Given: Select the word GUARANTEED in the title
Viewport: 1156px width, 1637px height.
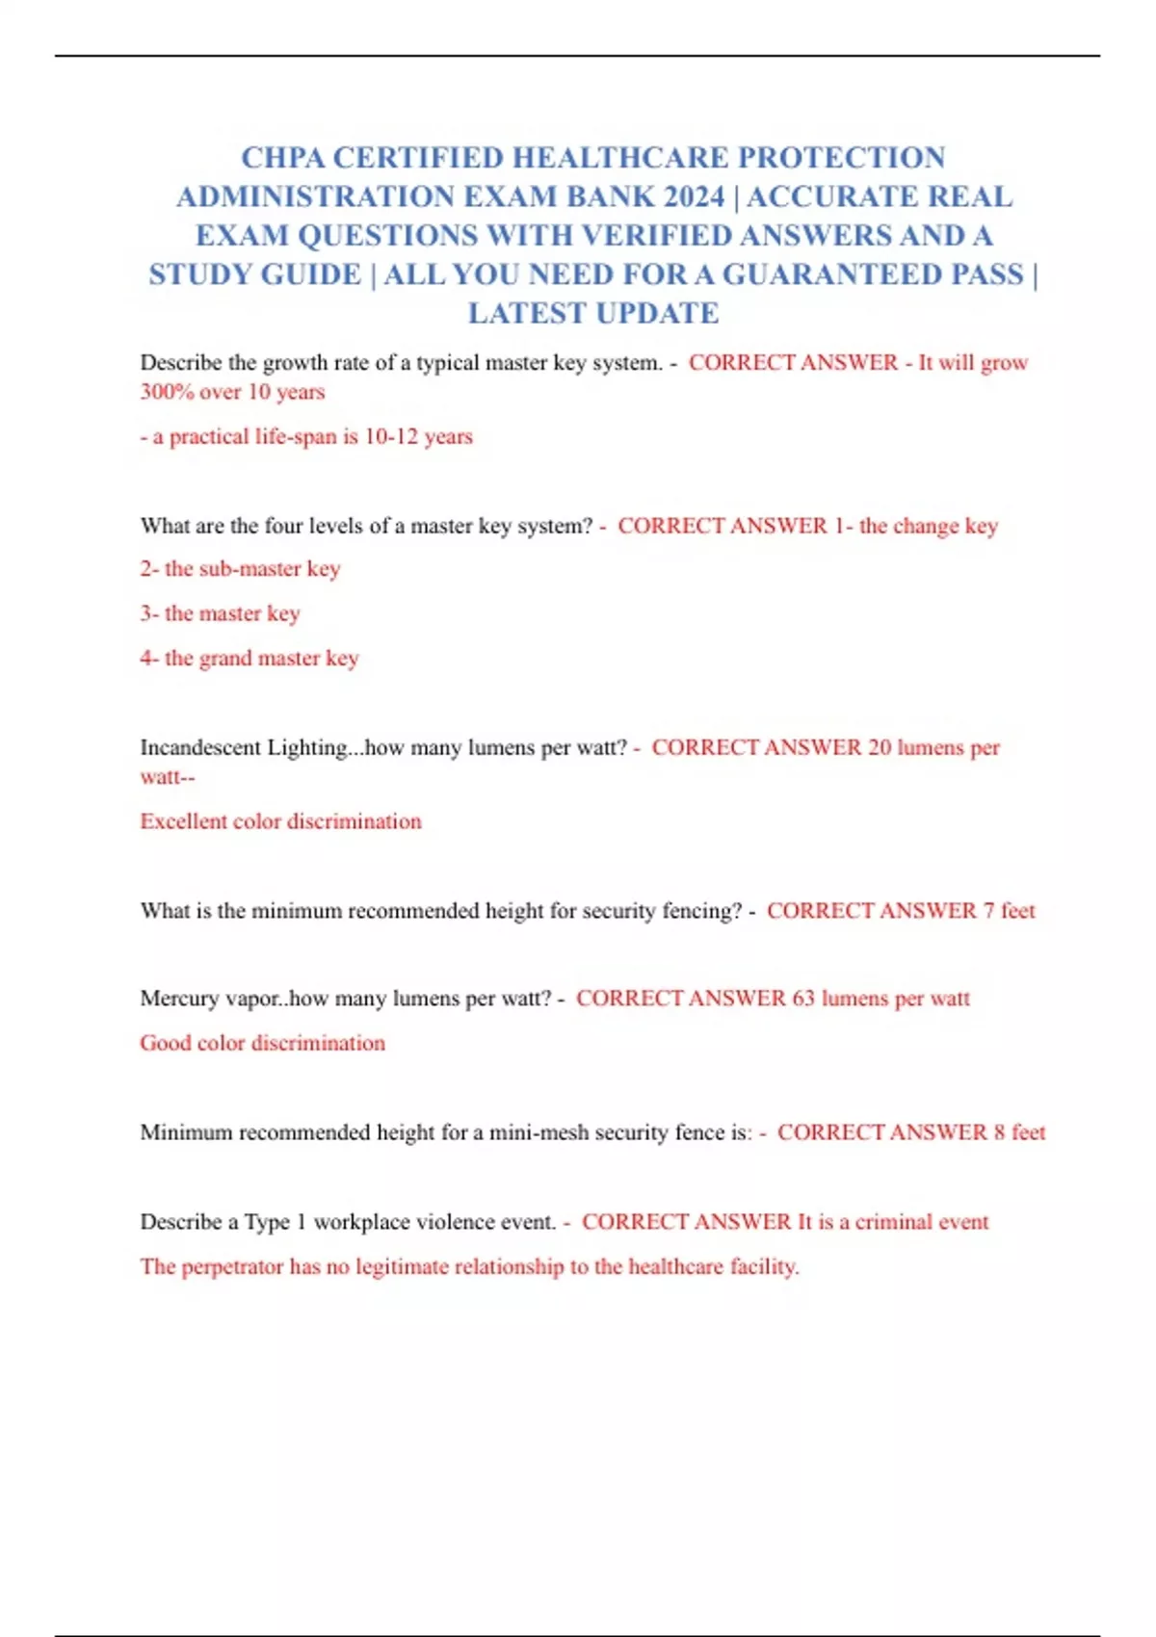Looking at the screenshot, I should tap(831, 275).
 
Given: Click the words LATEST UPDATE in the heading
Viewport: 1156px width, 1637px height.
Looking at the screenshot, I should tap(593, 314).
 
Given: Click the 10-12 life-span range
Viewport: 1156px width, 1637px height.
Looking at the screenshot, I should tap(391, 436).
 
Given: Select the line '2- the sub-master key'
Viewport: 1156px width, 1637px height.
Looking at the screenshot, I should tap(240, 569).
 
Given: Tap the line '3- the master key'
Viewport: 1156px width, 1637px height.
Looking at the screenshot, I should tap(220, 613).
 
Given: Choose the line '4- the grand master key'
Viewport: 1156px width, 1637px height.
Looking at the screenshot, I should tap(249, 659).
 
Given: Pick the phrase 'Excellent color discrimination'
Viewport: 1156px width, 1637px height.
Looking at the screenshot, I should tap(280, 821).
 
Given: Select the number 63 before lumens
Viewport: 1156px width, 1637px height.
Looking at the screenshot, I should tap(803, 999).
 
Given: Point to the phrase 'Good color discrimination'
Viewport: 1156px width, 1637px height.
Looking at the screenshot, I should tap(262, 1043).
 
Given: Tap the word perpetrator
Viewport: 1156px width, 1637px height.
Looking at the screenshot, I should tap(232, 1266).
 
